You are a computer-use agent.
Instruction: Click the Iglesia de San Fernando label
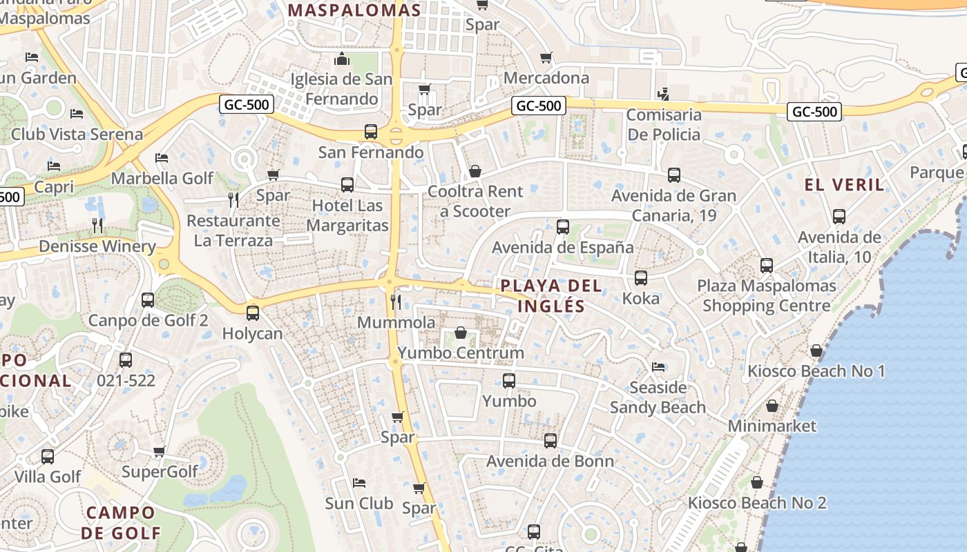click(341, 89)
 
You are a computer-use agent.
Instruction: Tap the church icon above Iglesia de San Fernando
click(342, 60)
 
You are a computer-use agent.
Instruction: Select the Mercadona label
click(546, 78)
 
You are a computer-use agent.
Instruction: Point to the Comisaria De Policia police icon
click(663, 93)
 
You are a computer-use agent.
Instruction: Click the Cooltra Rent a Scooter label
click(476, 201)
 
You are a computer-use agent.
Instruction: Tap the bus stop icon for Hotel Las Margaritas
click(347, 185)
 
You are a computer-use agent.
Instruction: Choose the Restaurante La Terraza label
click(233, 230)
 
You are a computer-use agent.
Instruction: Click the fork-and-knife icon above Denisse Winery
click(97, 225)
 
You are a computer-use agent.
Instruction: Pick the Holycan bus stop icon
click(253, 313)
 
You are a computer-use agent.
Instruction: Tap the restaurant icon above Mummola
click(396, 302)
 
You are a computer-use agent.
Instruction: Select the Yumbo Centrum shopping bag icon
click(461, 333)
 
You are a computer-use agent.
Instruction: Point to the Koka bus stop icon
click(641, 278)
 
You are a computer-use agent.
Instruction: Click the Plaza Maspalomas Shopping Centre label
click(767, 295)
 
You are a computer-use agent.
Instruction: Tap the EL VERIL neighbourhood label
click(844, 185)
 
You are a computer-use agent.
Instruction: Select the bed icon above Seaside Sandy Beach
click(658, 367)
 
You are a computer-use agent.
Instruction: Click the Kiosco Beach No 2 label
click(757, 503)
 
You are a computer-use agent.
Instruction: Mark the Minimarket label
click(772, 426)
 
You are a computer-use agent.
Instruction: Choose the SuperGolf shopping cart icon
click(160, 452)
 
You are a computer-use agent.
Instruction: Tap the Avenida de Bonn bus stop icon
click(550, 440)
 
